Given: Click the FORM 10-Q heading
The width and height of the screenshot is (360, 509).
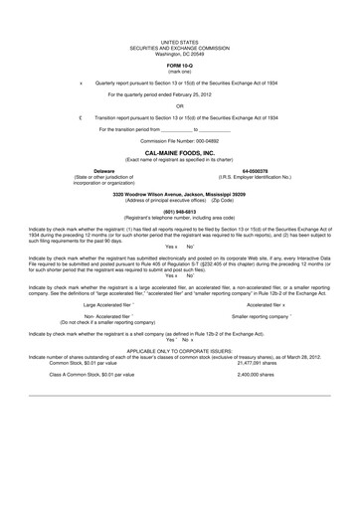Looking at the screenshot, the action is tap(180, 66).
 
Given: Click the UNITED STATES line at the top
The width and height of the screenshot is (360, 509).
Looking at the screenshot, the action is tap(180, 40).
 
